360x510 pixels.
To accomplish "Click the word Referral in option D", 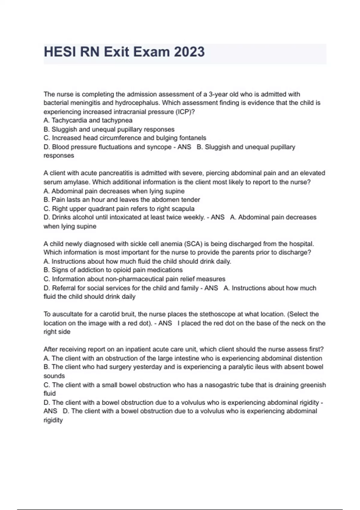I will pos(64,288).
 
